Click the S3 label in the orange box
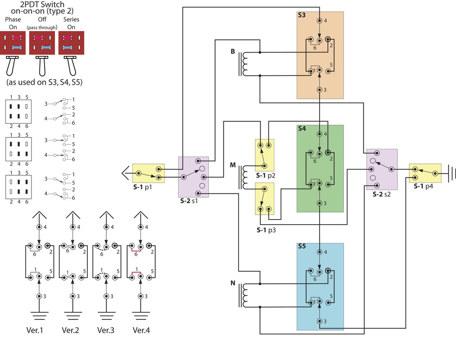click(302, 15)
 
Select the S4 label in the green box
click(302, 128)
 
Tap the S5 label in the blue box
click(302, 247)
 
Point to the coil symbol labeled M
click(245, 177)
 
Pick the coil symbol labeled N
click(245, 295)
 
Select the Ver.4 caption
click(141, 330)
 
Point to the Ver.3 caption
click(106, 330)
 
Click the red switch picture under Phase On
click(13, 43)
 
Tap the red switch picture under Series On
click(72, 43)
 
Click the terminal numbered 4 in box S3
click(320, 21)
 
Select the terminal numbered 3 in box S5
click(320, 321)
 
